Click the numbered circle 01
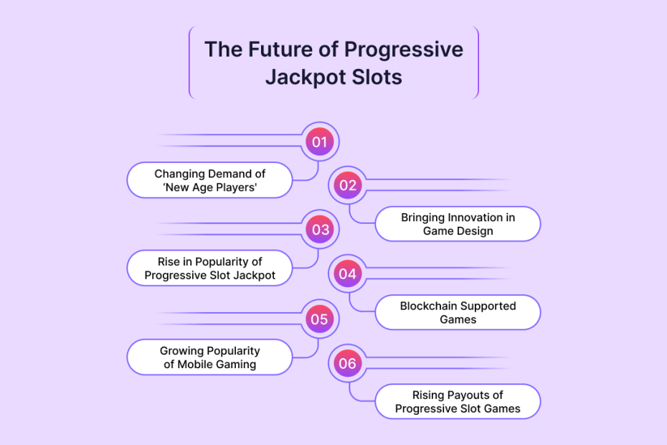[x=319, y=142]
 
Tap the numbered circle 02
[x=348, y=185]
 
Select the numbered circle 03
[x=319, y=230]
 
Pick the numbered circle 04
[x=348, y=273]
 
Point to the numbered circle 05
[x=319, y=319]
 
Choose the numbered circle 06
[x=348, y=363]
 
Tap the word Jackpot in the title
[x=302, y=78]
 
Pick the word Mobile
[x=195, y=364]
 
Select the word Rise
[x=169, y=261]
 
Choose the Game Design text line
[x=458, y=231]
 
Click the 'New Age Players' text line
[x=209, y=188]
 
